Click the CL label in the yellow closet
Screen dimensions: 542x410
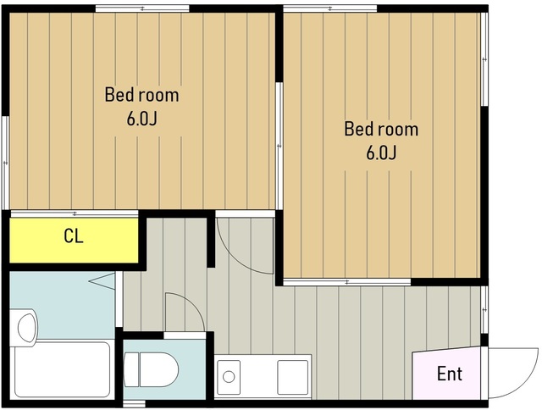point(74,236)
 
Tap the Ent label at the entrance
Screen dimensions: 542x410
point(450,374)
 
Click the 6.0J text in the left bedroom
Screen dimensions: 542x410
point(141,119)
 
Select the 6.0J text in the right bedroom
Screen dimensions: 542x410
point(381,152)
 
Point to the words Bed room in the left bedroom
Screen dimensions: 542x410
point(141,95)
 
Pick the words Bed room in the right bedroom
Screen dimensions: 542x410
point(381,129)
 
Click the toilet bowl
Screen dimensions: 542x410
point(159,369)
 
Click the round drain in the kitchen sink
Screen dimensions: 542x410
point(229,376)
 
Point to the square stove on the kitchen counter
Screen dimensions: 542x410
point(292,377)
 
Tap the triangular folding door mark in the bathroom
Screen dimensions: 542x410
point(102,281)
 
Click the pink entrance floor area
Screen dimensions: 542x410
point(446,374)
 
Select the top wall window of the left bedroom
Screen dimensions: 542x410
point(142,8)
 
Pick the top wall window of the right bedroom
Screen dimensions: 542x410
point(330,8)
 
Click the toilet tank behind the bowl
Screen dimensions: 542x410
point(131,369)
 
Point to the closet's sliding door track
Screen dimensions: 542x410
point(75,214)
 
